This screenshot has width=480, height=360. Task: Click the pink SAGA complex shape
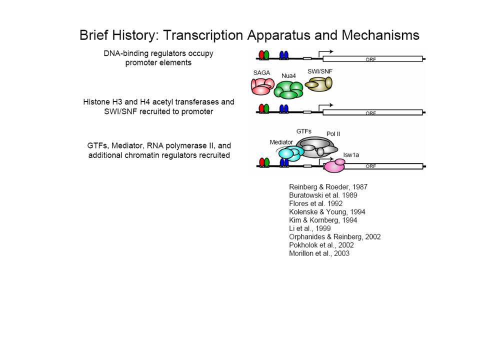coord(262,86)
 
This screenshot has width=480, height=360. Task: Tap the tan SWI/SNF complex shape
coord(318,84)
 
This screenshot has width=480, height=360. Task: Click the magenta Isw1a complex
coord(334,165)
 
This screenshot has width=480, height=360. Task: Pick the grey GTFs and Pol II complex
coord(316,147)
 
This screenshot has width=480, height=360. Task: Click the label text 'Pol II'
coord(333,134)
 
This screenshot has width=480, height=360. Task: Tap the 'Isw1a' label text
coord(351,155)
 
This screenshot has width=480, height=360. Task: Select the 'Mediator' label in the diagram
coord(281,142)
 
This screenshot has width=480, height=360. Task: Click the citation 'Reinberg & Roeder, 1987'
coord(328,186)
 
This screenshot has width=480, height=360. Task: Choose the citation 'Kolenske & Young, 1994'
coord(327,211)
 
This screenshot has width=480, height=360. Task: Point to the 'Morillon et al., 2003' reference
coord(319,253)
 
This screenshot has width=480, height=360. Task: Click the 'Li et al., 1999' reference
coord(310,228)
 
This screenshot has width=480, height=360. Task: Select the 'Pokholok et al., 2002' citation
coord(321,245)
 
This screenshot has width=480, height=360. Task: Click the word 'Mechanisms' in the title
coord(380,35)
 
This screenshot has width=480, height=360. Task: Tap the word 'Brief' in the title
coord(93,35)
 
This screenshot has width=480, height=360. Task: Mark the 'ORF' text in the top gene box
coord(370,59)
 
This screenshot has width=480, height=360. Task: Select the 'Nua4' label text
coord(288,75)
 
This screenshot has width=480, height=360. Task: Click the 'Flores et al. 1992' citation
coord(315,203)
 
